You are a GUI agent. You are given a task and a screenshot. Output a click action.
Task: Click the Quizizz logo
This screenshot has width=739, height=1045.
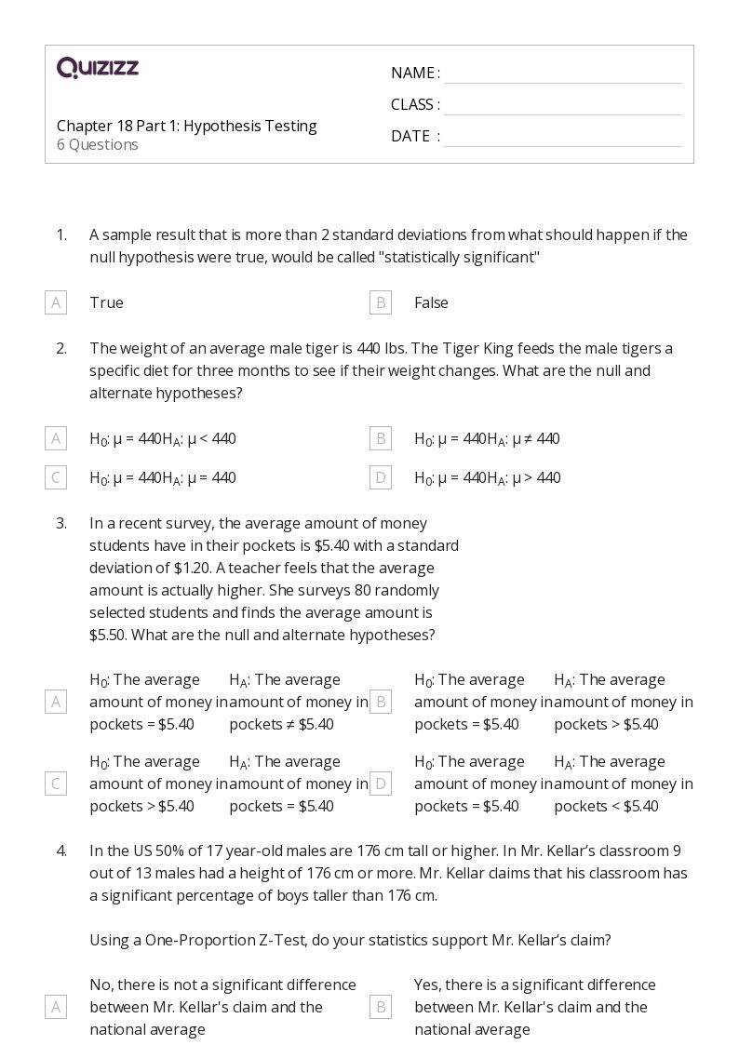(98, 68)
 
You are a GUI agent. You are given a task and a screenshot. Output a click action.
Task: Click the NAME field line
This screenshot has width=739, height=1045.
(562, 82)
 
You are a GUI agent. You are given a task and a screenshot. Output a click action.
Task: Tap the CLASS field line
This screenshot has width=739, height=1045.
(562, 114)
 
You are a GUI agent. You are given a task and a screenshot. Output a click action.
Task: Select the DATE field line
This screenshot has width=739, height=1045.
(562, 145)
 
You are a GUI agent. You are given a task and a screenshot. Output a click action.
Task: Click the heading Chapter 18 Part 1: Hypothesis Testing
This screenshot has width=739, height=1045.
(186, 126)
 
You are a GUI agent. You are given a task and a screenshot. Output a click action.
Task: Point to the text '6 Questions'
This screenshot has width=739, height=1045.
(98, 145)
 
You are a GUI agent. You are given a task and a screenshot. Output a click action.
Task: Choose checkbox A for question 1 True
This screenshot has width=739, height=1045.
(56, 302)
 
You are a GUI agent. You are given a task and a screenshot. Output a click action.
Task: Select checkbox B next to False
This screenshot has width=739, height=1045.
(380, 302)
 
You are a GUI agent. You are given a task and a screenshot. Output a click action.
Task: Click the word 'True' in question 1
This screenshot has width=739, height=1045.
(106, 302)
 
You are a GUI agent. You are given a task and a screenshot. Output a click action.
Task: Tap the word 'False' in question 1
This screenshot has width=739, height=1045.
(431, 302)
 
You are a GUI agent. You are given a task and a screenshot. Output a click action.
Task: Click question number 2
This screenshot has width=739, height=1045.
(61, 348)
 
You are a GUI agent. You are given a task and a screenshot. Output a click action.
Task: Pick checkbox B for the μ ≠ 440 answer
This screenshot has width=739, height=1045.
(380, 438)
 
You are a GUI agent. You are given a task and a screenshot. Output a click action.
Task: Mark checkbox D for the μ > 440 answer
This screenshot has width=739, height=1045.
(380, 477)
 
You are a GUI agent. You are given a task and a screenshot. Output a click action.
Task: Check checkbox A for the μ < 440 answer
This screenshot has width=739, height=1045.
(56, 438)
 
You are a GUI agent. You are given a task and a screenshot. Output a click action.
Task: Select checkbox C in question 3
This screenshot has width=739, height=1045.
(56, 784)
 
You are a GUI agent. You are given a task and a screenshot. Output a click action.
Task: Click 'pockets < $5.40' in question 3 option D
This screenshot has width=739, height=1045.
(606, 806)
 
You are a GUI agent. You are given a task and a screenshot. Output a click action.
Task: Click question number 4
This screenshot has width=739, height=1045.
(61, 851)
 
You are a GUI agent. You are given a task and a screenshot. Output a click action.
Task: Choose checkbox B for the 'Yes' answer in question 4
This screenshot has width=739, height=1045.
(380, 1007)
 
